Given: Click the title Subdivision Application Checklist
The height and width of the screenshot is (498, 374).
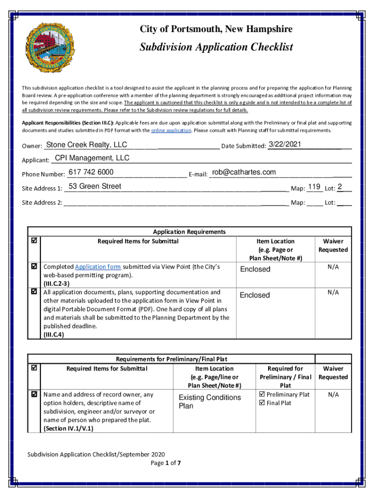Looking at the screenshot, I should [216, 47].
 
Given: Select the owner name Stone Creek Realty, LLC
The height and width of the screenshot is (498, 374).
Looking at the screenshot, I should [86, 145].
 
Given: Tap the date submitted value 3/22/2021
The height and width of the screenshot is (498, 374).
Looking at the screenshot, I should [285, 144].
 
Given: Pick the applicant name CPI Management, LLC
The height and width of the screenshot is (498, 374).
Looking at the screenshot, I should [92, 158].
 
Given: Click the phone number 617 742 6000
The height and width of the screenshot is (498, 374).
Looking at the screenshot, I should [91, 172].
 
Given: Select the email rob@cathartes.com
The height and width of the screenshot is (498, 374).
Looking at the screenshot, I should [244, 172].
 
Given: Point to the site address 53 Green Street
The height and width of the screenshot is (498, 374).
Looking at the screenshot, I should [95, 186].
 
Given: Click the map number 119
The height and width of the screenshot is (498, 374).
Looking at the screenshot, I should [314, 187].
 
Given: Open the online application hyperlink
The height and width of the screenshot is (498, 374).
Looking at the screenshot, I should [171, 130].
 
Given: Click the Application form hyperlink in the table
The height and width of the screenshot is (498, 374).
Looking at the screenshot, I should [98, 267].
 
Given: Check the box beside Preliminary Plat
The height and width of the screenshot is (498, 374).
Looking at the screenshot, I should [262, 394].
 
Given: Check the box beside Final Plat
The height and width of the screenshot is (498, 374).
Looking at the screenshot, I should [262, 403].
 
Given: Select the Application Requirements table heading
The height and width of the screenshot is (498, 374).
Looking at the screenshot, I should [189, 232].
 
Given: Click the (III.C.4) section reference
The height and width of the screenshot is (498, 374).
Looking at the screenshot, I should [53, 335].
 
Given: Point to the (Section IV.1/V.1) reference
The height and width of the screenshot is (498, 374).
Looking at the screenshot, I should [68, 428].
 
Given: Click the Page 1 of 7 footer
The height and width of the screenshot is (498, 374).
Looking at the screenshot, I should [166, 463].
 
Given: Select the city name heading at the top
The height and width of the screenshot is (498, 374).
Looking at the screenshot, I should [216, 30].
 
